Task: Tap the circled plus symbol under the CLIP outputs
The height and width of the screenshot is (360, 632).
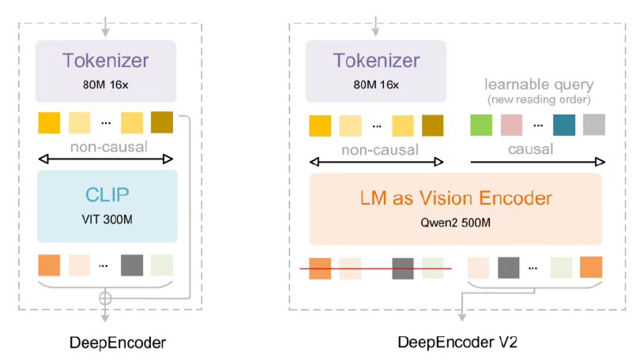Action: [x=105, y=298]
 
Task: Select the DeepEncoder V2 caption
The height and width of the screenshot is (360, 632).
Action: [x=457, y=342]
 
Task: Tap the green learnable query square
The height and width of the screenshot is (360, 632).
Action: [x=482, y=125]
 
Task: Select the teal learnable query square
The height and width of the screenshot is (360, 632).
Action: [x=564, y=125]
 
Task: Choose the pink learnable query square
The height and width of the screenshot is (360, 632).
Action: [x=512, y=125]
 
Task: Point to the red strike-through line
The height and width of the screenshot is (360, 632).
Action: [x=375, y=268]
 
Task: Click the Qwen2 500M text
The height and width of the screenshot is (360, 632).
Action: [x=456, y=222]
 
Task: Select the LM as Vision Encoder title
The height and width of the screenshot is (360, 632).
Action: [x=456, y=199]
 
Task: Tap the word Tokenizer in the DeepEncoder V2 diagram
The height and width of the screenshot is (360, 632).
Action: [x=374, y=61]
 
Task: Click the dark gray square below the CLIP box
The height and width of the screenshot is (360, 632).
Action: [x=132, y=264]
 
